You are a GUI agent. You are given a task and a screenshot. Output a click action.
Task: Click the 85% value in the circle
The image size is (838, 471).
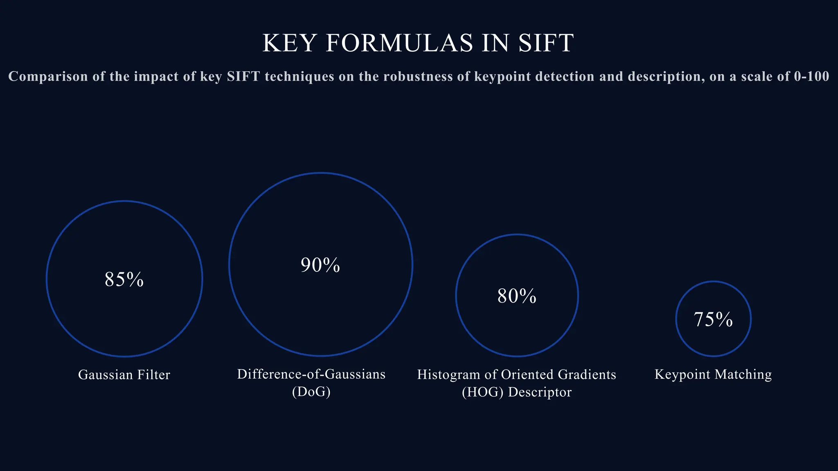124,280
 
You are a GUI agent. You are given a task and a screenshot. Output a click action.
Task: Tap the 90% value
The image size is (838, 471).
320,265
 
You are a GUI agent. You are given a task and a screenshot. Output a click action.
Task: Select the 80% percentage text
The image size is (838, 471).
517,296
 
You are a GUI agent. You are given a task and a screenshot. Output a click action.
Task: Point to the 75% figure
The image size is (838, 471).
713,319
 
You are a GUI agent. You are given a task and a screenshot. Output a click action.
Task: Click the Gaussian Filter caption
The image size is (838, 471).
124,375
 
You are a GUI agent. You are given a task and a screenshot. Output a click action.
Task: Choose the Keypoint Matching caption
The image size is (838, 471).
713,374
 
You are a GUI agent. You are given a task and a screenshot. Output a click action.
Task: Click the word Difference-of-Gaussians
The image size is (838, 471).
311,374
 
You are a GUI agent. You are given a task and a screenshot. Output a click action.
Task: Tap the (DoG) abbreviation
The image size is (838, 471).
311,392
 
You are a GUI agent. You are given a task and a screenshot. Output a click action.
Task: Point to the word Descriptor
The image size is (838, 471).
540,392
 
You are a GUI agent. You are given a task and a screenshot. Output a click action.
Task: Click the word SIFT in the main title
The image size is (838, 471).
546,43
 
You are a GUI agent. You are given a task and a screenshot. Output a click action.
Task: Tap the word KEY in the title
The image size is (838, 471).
288,43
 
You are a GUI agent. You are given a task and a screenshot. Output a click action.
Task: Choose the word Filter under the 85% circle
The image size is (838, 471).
154,375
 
